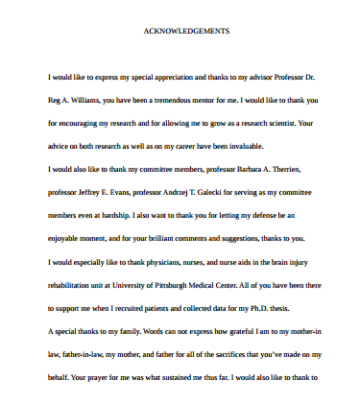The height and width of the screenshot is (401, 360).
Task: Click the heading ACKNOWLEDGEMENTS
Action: [x=186, y=32]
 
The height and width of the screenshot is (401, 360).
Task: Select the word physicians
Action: [x=167, y=262]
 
